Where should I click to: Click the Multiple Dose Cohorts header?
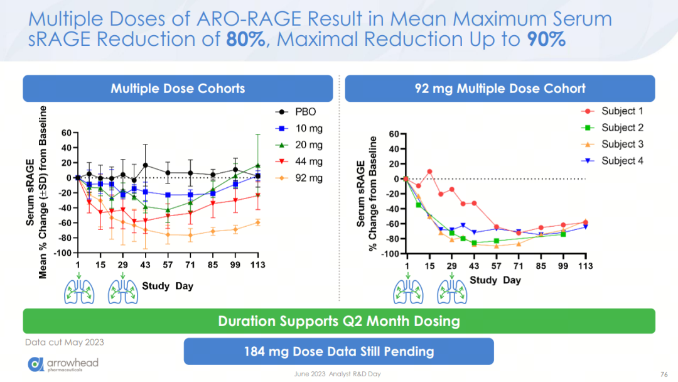point(178,88)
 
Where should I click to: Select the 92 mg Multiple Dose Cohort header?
point(500,88)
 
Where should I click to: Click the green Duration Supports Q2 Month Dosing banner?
point(339,321)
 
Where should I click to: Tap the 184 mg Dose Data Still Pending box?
point(339,351)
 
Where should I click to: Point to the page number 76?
point(664,374)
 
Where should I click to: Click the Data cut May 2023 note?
point(65,342)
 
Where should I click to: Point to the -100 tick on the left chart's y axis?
point(62,253)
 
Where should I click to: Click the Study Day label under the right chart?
point(495,280)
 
